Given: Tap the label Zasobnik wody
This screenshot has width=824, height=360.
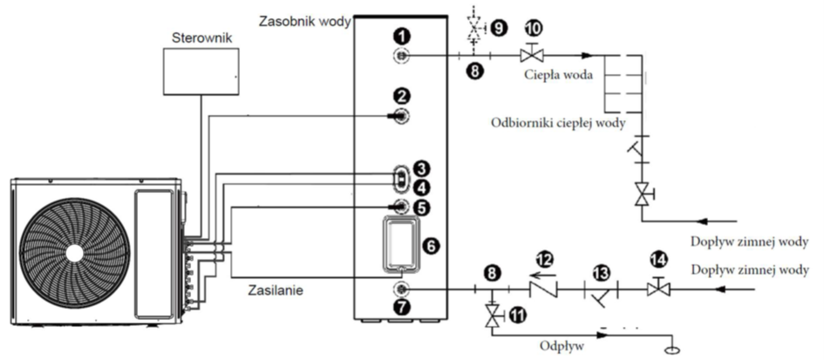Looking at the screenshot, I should pos(303,19).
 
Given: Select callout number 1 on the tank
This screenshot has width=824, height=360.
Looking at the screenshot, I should pos(401,36).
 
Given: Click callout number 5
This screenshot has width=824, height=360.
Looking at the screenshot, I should pos(424,207).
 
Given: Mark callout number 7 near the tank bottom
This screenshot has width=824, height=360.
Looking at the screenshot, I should pos(401,308).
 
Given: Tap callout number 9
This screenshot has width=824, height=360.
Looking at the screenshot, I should pos(499,27).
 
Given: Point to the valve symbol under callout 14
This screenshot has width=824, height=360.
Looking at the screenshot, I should pos(657,288).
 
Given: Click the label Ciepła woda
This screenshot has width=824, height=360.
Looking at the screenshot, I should pos(558,76).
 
